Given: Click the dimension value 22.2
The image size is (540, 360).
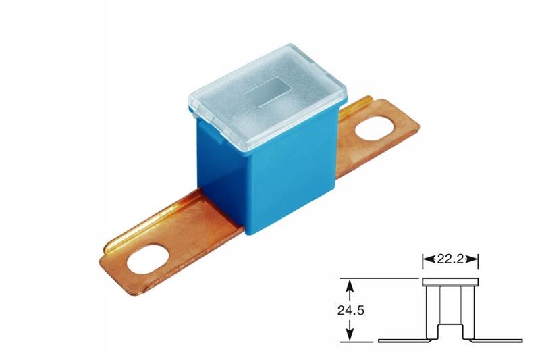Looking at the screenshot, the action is click(450, 259).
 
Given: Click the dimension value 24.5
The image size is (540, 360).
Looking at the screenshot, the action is click(350, 311).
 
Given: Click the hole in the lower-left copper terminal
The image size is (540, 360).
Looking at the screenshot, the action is click(148, 259).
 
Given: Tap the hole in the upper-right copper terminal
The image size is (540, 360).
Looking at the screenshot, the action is click(375, 128).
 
